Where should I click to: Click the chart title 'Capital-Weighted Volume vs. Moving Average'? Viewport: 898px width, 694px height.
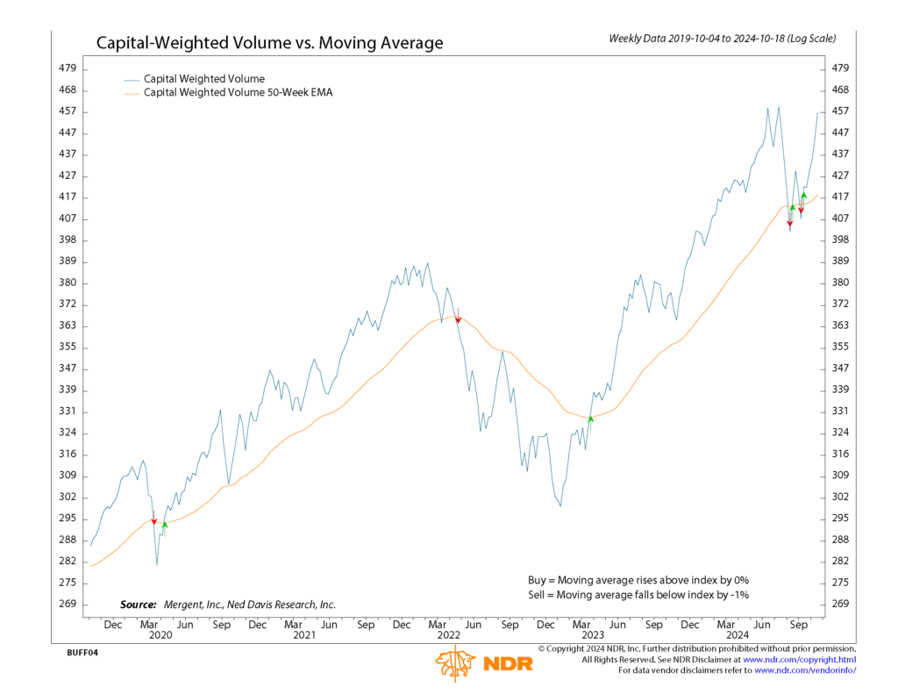pos(269,43)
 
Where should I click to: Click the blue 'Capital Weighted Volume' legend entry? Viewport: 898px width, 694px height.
pos(203,79)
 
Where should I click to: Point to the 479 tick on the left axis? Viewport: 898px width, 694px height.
pos(68,68)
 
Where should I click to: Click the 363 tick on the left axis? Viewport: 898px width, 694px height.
pos(68,326)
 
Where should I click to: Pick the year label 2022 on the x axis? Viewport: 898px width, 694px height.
pos(448,634)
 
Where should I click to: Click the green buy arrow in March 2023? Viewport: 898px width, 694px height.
pos(591,419)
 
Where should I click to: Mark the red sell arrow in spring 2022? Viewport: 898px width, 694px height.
pos(458,319)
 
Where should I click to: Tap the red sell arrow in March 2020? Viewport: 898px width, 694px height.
pos(154,521)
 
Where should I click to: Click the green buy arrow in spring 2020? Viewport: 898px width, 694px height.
pos(165,525)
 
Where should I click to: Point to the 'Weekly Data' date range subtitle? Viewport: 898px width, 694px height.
pos(722,39)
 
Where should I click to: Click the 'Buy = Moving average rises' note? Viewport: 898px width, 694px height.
pos(638,580)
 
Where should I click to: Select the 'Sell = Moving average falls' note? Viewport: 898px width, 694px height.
pos(638,595)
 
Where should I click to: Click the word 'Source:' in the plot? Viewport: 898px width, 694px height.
pos(138,605)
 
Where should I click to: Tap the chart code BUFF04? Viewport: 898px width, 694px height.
pos(82,654)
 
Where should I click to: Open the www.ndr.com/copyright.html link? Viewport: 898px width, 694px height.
pos(800,659)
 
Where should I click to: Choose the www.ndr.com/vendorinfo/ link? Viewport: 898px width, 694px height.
pos(804,670)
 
